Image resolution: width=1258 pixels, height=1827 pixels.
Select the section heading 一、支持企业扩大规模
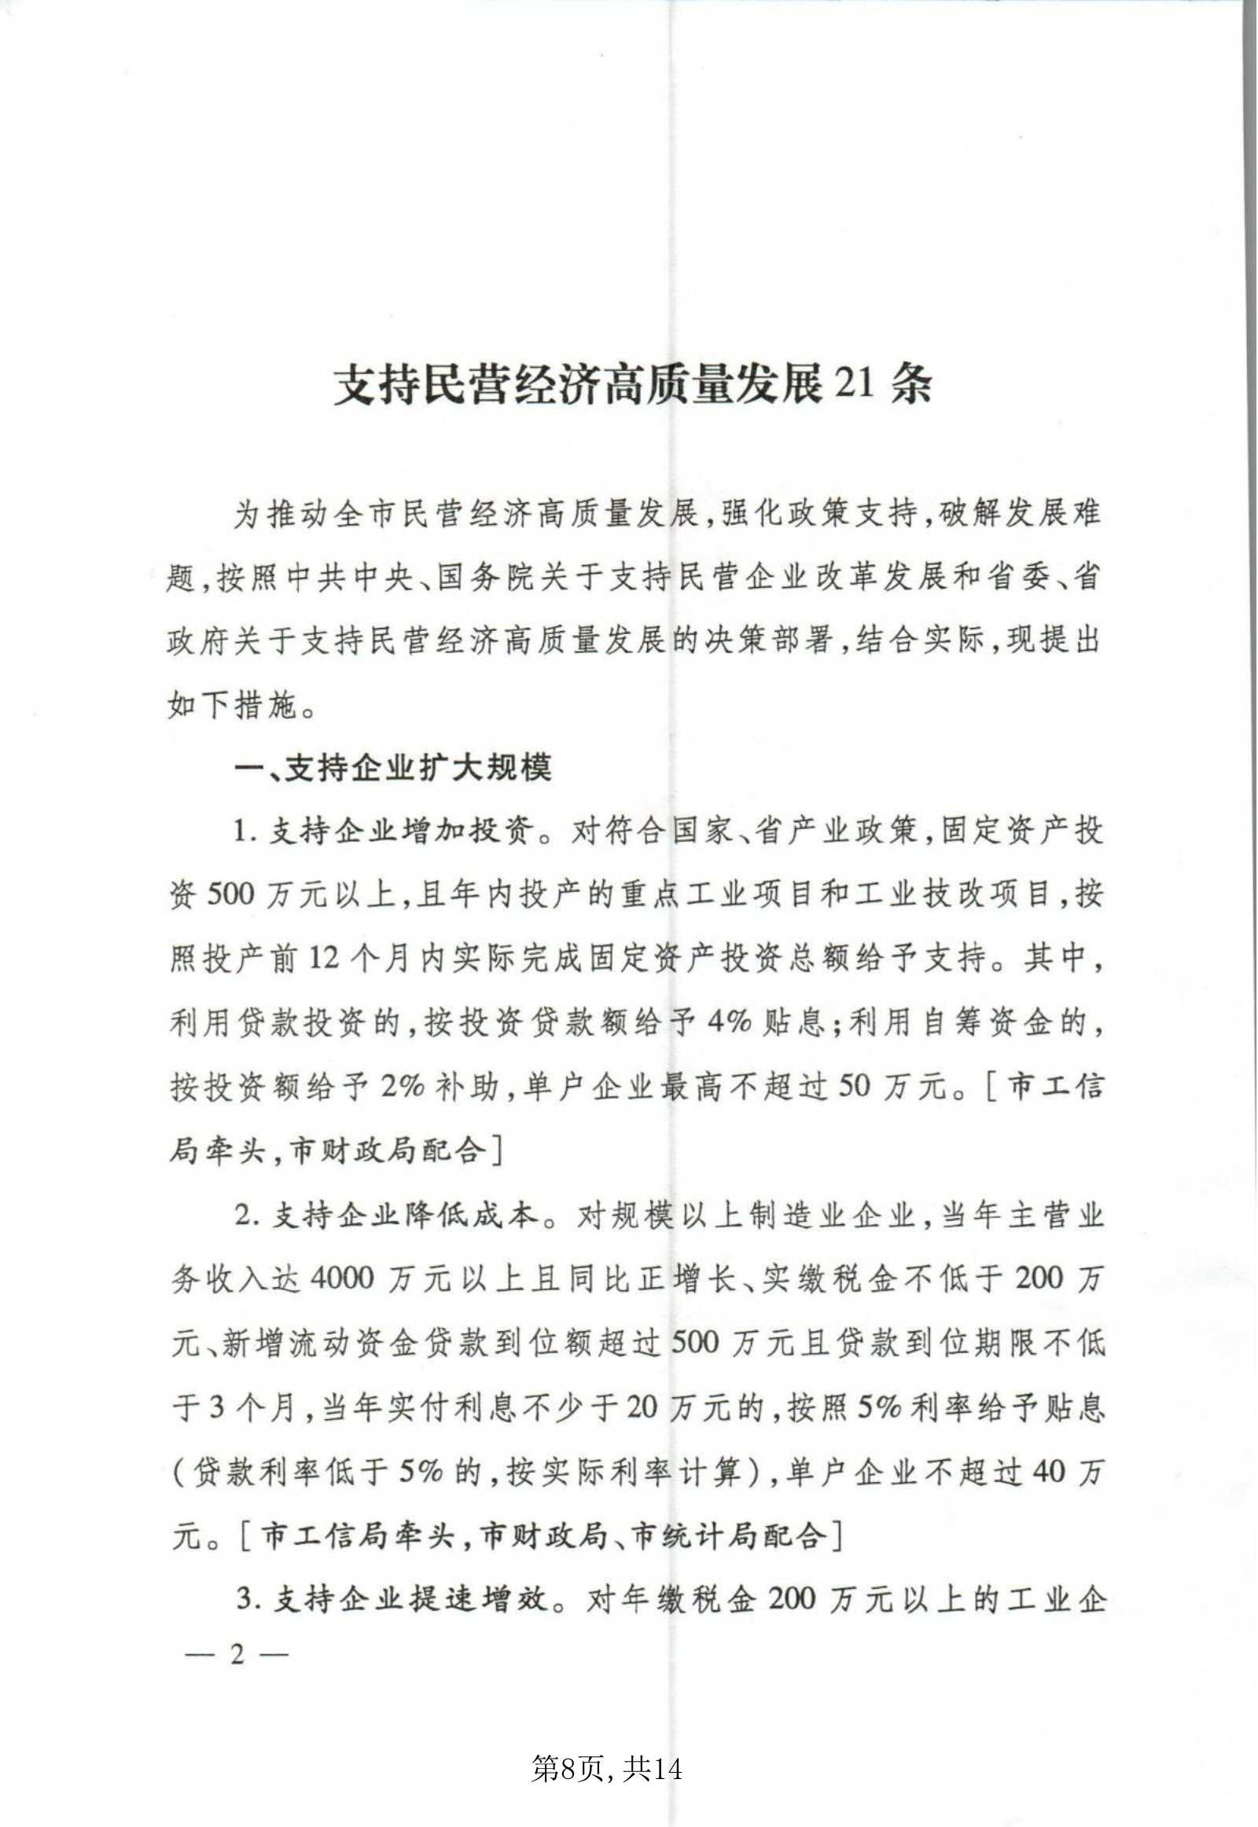pos(393,767)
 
